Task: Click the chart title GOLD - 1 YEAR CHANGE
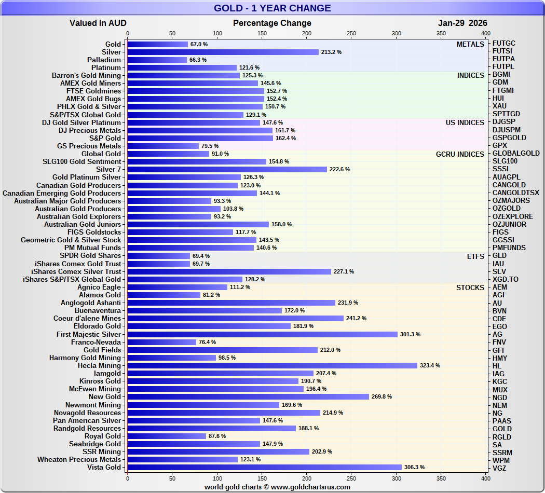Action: (272, 8)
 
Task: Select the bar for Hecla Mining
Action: (272, 365)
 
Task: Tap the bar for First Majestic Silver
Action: (262, 334)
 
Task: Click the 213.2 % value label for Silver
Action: (331, 52)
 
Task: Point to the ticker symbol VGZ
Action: (500, 468)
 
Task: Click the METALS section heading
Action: (470, 45)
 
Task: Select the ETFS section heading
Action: (475, 256)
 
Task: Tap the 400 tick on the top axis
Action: (486, 33)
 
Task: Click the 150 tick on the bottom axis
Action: (262, 478)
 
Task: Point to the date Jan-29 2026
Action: (462, 23)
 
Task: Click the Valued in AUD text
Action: (98, 23)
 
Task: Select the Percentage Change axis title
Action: (272, 23)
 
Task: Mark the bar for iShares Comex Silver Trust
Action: (229, 271)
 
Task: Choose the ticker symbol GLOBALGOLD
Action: (516, 154)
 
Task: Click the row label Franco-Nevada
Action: (96, 342)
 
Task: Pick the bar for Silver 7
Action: (227, 169)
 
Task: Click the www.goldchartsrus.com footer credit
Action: (277, 487)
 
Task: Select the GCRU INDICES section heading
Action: (460, 154)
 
